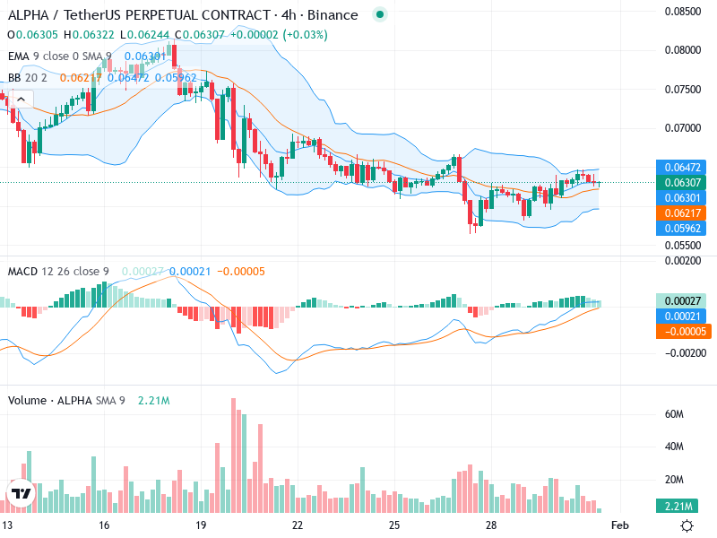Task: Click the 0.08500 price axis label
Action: coord(683,12)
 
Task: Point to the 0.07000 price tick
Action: coord(683,127)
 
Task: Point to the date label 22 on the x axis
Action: coord(298,525)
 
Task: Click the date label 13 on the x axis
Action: coord(7,525)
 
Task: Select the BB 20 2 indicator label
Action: coord(27,78)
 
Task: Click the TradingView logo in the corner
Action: coord(21,493)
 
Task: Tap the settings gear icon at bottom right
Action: coord(687,525)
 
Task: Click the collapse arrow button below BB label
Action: coord(21,99)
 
